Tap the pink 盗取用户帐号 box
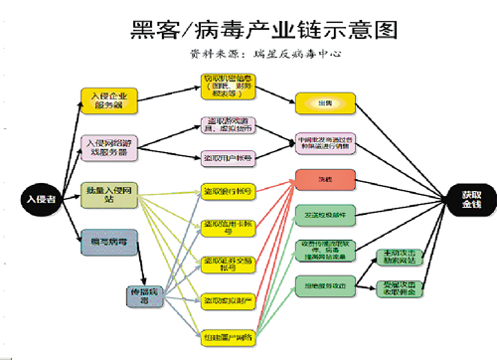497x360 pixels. point(228,157)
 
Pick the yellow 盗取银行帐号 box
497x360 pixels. point(228,191)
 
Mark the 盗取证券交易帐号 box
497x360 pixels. point(228,263)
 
